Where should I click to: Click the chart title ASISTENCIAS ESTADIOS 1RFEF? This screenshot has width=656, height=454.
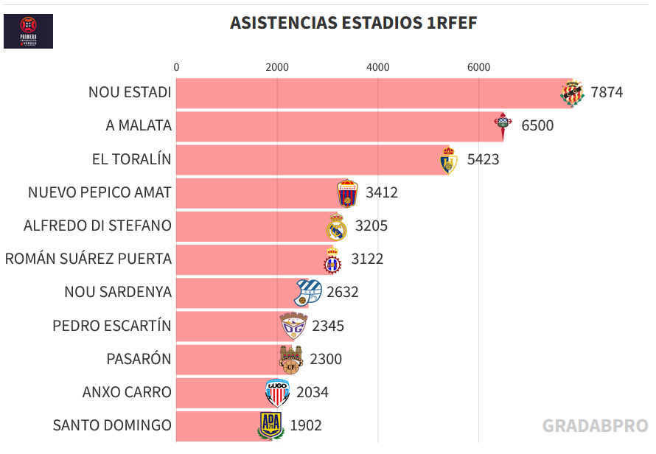353,23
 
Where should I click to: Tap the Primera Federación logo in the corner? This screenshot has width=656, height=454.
28,31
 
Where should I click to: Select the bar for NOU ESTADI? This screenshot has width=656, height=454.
369,93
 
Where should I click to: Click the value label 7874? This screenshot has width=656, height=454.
607,93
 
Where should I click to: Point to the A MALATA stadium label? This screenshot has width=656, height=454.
139,126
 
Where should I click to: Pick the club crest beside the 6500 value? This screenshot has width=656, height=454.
503,126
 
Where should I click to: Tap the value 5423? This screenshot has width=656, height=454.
483,159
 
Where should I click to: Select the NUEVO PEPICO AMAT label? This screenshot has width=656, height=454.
100,192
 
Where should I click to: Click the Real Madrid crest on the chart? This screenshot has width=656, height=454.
337,227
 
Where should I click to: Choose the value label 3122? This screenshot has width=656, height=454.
367,259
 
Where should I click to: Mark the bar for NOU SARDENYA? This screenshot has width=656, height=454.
236,293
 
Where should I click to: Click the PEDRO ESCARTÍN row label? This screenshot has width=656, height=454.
112,326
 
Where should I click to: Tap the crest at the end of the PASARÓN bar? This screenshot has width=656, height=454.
290,359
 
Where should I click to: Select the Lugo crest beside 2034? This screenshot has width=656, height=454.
277,393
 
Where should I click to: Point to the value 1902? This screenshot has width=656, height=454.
306,425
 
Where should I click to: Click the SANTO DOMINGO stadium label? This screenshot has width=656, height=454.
112,425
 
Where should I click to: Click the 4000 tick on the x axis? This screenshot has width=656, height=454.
377,67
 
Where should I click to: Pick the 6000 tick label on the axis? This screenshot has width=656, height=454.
478,67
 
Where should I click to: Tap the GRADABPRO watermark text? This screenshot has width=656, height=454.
595,425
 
